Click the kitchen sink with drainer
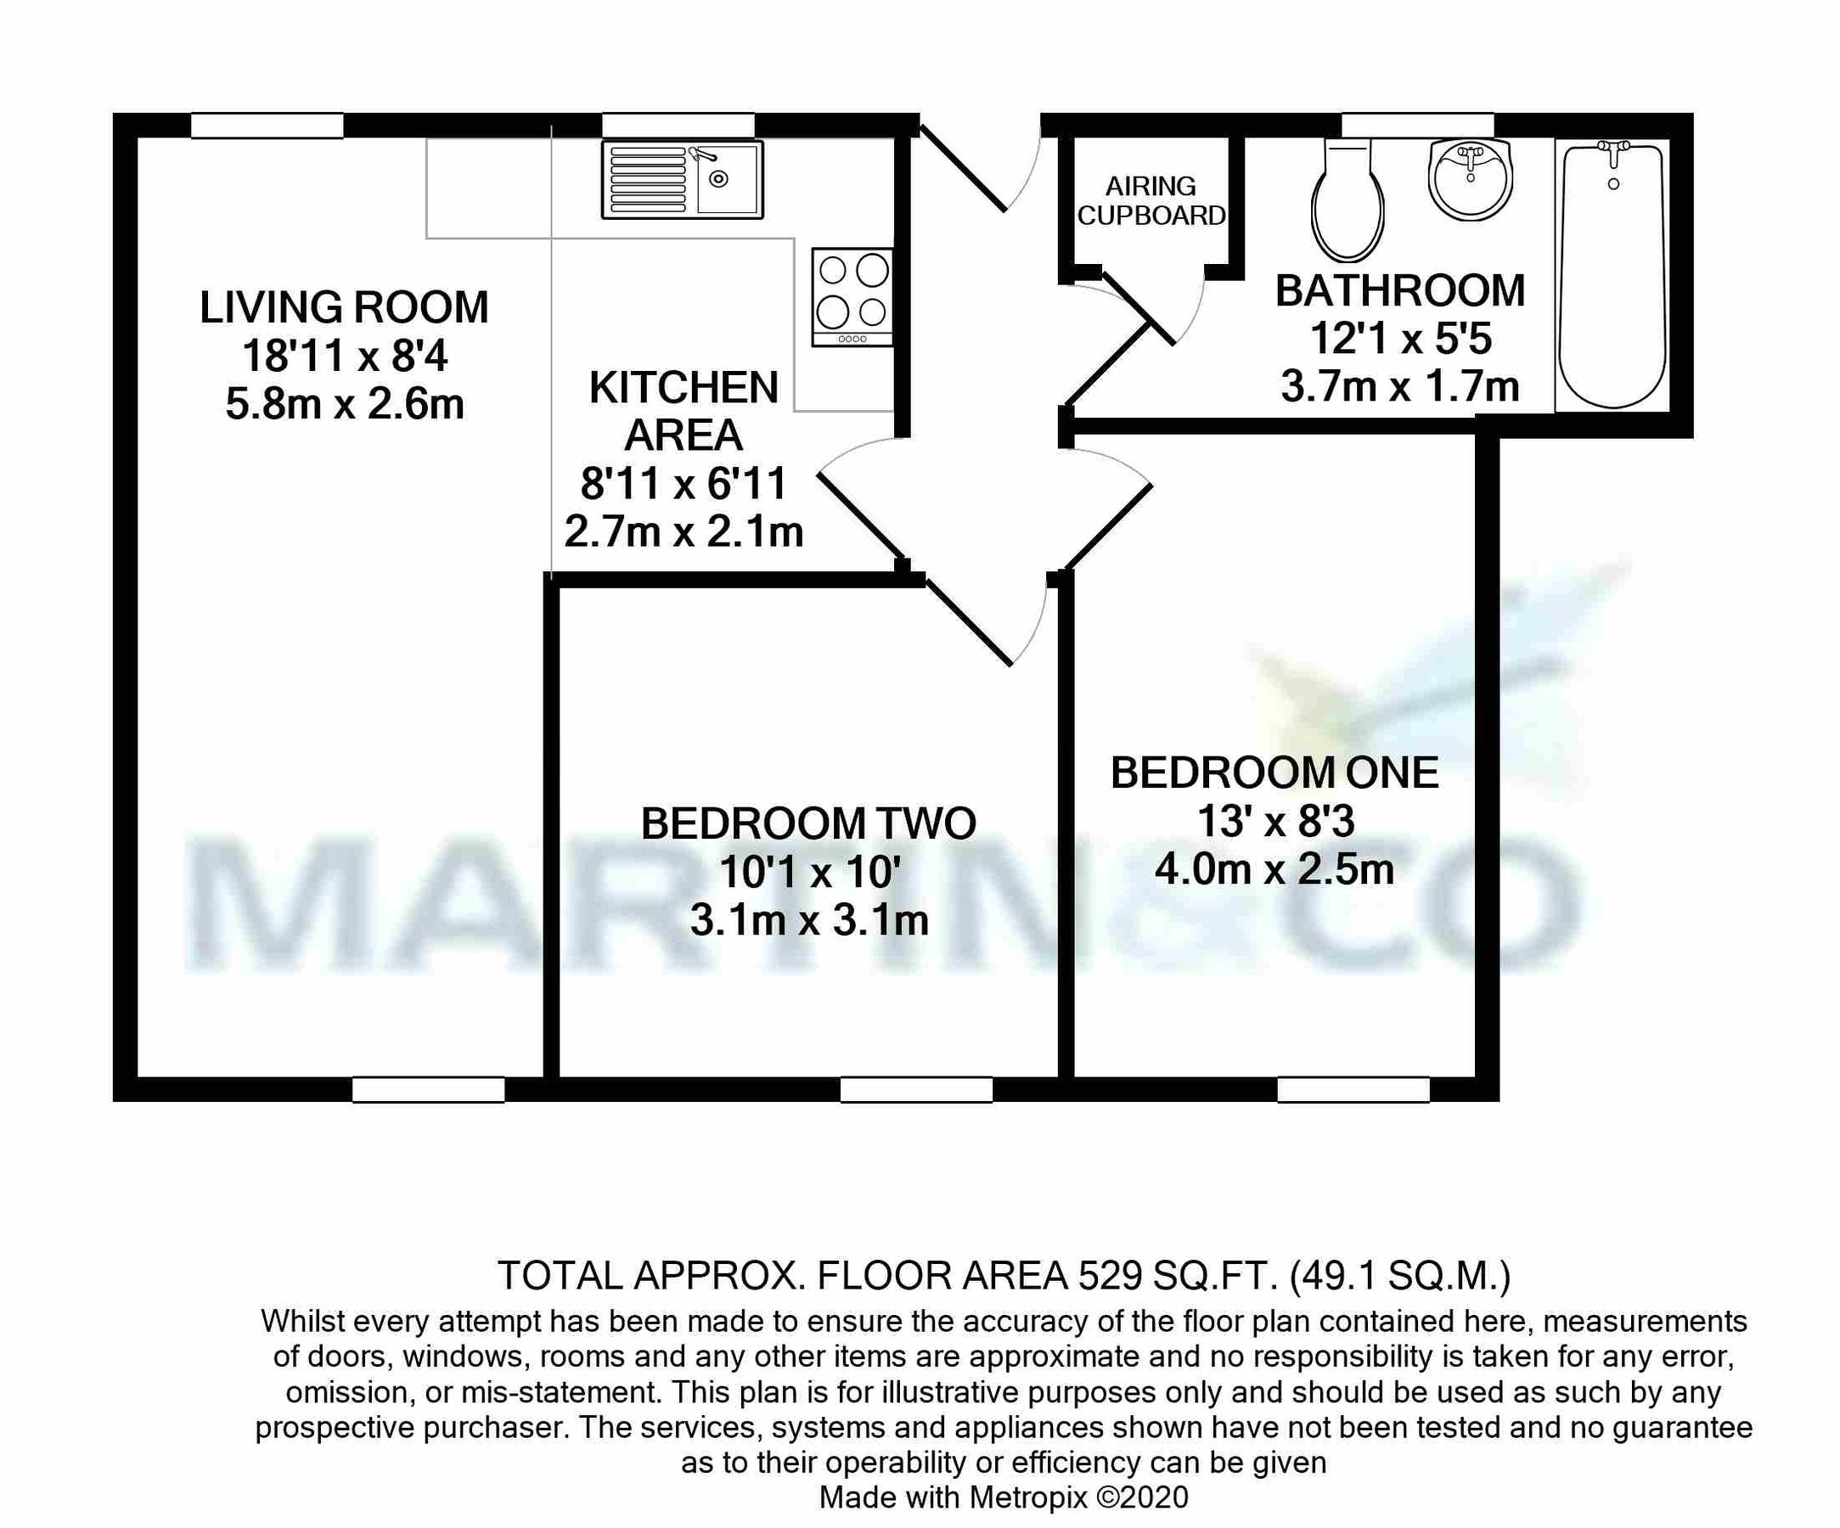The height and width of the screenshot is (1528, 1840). (682, 180)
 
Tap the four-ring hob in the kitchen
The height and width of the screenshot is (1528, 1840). (852, 297)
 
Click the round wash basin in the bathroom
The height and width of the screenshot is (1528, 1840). (1471, 180)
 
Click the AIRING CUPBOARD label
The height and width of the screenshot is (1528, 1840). (1151, 200)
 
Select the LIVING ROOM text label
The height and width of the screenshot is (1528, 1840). (344, 307)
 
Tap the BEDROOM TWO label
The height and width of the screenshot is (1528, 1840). (807, 823)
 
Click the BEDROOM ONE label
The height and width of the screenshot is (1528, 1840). (1274, 772)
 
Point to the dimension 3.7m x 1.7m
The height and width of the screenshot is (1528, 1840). (1399, 386)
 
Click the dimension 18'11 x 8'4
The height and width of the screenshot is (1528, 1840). (344, 357)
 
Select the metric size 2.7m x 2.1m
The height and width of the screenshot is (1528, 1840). (684, 531)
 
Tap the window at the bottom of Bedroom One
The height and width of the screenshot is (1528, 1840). (1353, 1090)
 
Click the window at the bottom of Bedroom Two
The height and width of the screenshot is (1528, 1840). (915, 1090)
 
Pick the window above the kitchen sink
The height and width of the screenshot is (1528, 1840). (678, 126)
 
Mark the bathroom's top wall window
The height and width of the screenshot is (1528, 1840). (1418, 126)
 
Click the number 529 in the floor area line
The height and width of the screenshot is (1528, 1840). (1110, 1277)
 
